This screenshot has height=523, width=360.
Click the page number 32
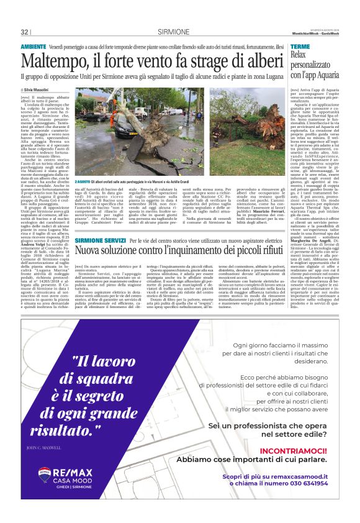[x=25, y=32]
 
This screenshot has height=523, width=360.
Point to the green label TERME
[x=300, y=47]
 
